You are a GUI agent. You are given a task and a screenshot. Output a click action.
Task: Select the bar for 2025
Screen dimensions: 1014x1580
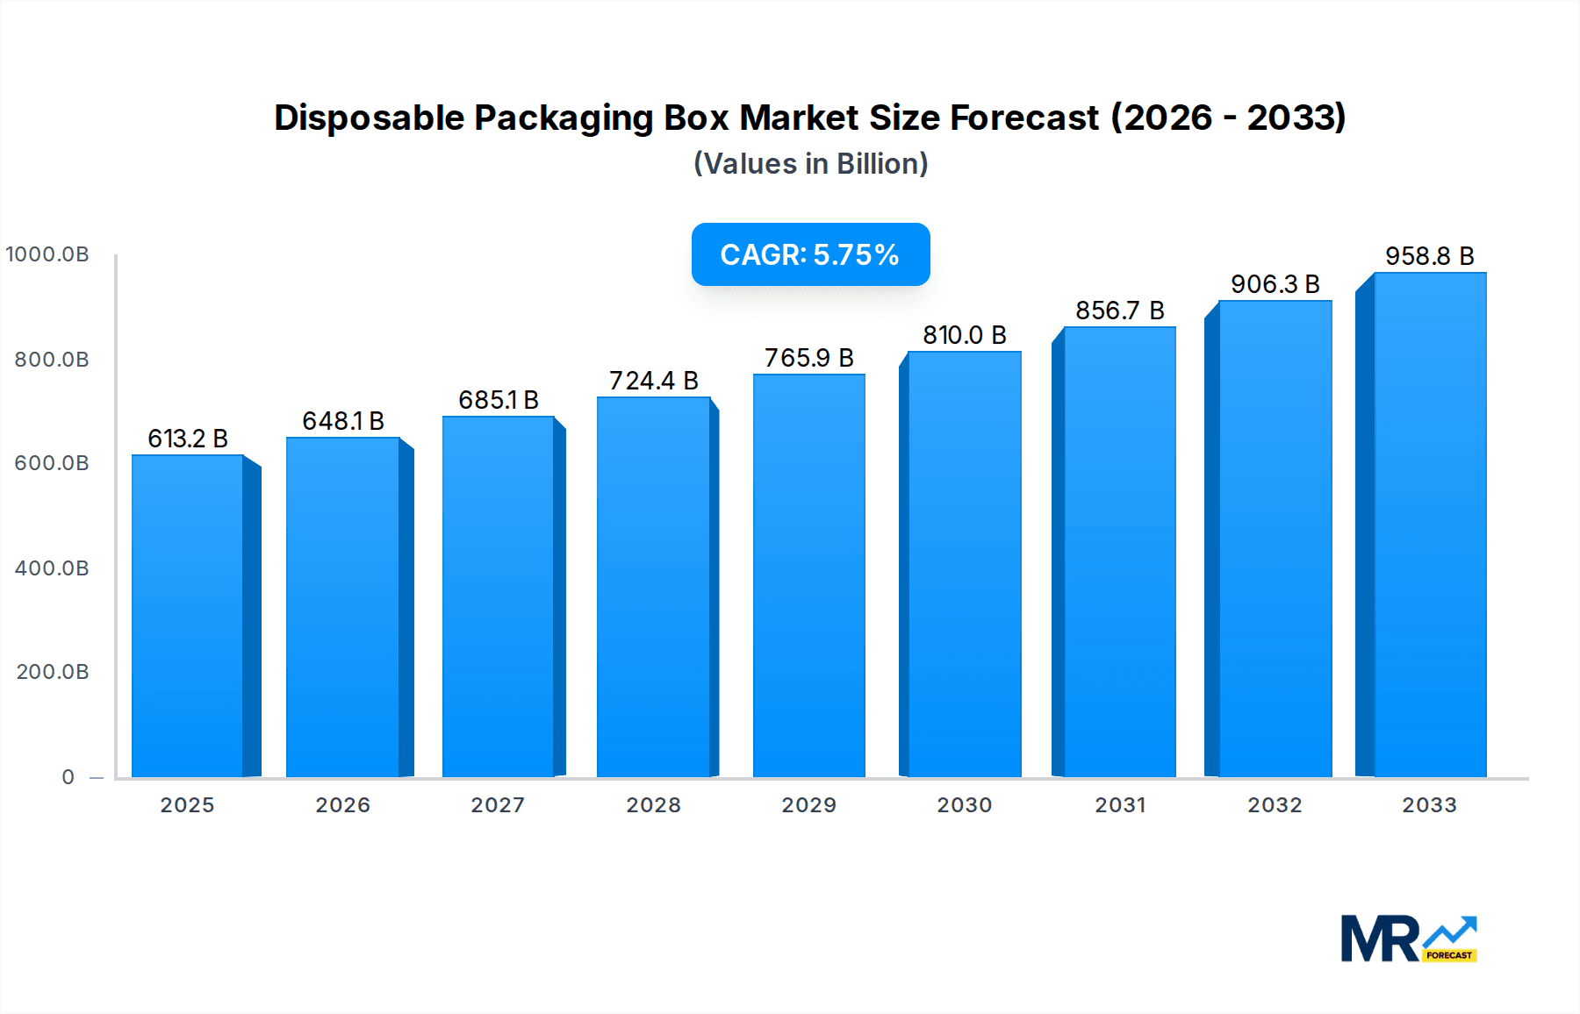point(187,616)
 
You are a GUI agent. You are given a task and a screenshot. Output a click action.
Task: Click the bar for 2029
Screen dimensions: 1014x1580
point(808,575)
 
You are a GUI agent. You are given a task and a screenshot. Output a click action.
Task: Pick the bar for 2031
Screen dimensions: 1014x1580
point(1119,552)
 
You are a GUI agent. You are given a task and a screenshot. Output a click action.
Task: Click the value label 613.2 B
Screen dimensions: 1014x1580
point(188,439)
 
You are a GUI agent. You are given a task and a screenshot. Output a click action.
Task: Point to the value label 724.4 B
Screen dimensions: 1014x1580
point(654,381)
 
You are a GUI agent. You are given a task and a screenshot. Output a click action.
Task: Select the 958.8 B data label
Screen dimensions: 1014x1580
point(1429,256)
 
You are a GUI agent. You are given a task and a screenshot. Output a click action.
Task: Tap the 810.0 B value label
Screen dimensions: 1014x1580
point(964,335)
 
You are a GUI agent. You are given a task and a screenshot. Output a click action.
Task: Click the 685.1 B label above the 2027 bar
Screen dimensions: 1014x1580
point(499,400)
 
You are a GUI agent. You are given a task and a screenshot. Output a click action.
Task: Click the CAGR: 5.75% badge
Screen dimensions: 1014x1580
point(810,254)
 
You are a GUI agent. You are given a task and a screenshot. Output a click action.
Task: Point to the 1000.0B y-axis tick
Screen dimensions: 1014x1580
point(47,254)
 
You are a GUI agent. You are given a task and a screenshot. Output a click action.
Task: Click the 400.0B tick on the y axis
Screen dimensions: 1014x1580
point(52,568)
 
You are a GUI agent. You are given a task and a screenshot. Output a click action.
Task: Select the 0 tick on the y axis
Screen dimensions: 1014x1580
point(68,777)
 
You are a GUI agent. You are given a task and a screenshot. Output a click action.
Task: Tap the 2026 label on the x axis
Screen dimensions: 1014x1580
point(342,805)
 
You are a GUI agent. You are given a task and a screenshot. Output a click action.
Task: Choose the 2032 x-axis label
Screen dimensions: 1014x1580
point(1275,805)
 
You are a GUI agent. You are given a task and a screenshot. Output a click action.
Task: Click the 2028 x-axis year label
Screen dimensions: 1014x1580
point(653,805)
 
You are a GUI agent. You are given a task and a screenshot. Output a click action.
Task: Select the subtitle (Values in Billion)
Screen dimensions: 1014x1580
point(810,164)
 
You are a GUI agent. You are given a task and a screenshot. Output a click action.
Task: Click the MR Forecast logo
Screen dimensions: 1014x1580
point(1408,939)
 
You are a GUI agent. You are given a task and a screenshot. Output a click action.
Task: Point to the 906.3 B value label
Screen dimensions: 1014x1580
point(1275,284)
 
